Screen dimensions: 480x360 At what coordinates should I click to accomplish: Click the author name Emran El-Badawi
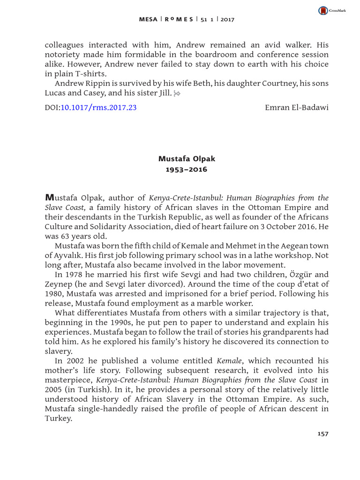tap(297, 107)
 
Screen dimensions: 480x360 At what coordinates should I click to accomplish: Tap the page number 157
tap(323, 434)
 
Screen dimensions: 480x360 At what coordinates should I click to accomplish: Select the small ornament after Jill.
tap(177, 94)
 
